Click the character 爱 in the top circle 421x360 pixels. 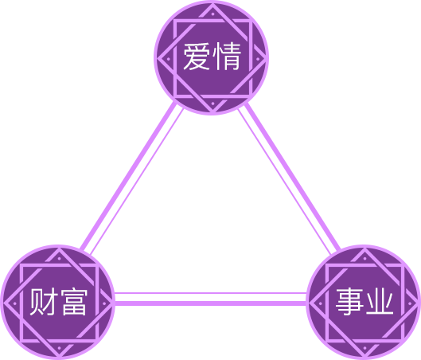197,57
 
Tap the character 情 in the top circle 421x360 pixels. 227,57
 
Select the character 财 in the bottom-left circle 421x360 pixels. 43,302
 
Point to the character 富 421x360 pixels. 74,302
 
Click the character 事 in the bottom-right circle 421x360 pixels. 349,302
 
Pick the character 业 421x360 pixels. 380,302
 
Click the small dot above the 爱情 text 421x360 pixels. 212,14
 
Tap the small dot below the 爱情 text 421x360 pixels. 212,104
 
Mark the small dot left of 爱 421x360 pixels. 169,59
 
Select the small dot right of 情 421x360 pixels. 258,59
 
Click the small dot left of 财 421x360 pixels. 15,303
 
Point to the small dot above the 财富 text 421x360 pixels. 59,258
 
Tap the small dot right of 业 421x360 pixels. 409,303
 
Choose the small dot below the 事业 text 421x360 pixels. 364,348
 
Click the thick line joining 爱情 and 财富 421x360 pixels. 129,176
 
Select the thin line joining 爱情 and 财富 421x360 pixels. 137,182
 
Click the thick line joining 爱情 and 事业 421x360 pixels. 292,176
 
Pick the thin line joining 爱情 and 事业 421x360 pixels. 285,182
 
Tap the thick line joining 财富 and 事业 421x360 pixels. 210,303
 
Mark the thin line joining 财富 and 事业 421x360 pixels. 210,293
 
